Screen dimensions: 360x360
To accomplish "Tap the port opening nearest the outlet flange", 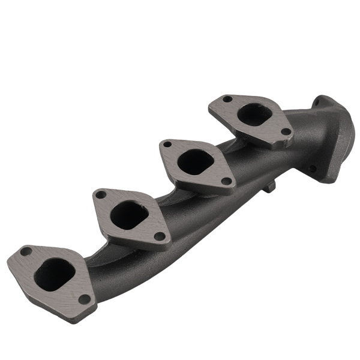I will click(x=254, y=114).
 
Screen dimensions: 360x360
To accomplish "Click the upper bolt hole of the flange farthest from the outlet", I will click(x=26, y=251).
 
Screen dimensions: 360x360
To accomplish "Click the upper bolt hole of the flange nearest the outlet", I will click(x=227, y=99).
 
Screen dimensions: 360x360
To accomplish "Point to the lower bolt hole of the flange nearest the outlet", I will click(x=286, y=131).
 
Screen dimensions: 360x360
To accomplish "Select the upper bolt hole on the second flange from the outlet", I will click(x=167, y=145).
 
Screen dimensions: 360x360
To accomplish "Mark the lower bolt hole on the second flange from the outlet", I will click(x=226, y=181).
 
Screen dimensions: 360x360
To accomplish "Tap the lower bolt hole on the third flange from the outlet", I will click(x=158, y=236).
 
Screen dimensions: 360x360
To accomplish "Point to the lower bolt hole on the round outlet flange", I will click(x=312, y=169).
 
